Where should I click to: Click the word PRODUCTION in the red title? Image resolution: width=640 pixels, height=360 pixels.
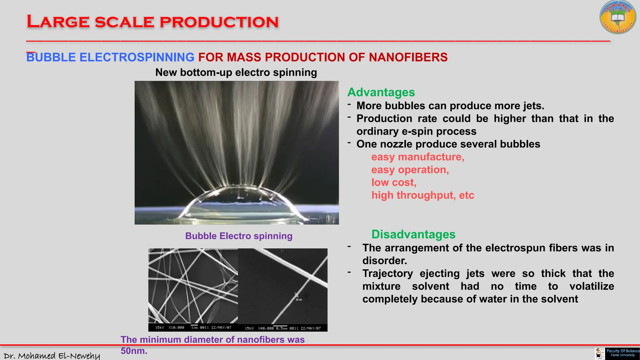point(219,22)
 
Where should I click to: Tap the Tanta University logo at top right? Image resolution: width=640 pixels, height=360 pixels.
point(617,17)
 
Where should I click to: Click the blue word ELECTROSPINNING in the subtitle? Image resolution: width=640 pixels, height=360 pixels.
point(137,57)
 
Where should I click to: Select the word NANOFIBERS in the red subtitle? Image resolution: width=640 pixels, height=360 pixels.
point(408,57)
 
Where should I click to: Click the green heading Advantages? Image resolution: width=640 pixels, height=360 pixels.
point(381,92)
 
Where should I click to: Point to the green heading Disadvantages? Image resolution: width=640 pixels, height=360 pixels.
point(413,234)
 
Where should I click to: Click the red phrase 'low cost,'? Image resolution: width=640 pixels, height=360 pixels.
point(394,182)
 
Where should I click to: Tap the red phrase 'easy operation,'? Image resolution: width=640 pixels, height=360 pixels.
point(410,170)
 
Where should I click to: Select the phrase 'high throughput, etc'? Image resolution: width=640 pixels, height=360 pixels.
point(422,195)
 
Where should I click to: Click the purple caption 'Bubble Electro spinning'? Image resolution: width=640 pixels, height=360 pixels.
point(239,236)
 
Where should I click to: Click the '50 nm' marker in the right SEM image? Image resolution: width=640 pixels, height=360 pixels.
point(299,300)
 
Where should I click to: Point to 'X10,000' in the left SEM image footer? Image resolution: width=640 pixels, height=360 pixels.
point(176,327)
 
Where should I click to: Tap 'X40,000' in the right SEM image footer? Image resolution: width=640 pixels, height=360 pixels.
point(266,328)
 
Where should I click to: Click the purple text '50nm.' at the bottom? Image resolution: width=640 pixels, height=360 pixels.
point(134,351)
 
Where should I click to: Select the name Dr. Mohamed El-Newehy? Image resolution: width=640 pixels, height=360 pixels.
point(52,356)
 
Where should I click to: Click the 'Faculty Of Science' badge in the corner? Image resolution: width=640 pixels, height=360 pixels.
point(622,353)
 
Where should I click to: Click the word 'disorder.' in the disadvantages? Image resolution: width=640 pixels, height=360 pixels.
point(385,261)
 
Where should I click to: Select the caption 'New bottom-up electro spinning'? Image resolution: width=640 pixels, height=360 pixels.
point(236,72)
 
